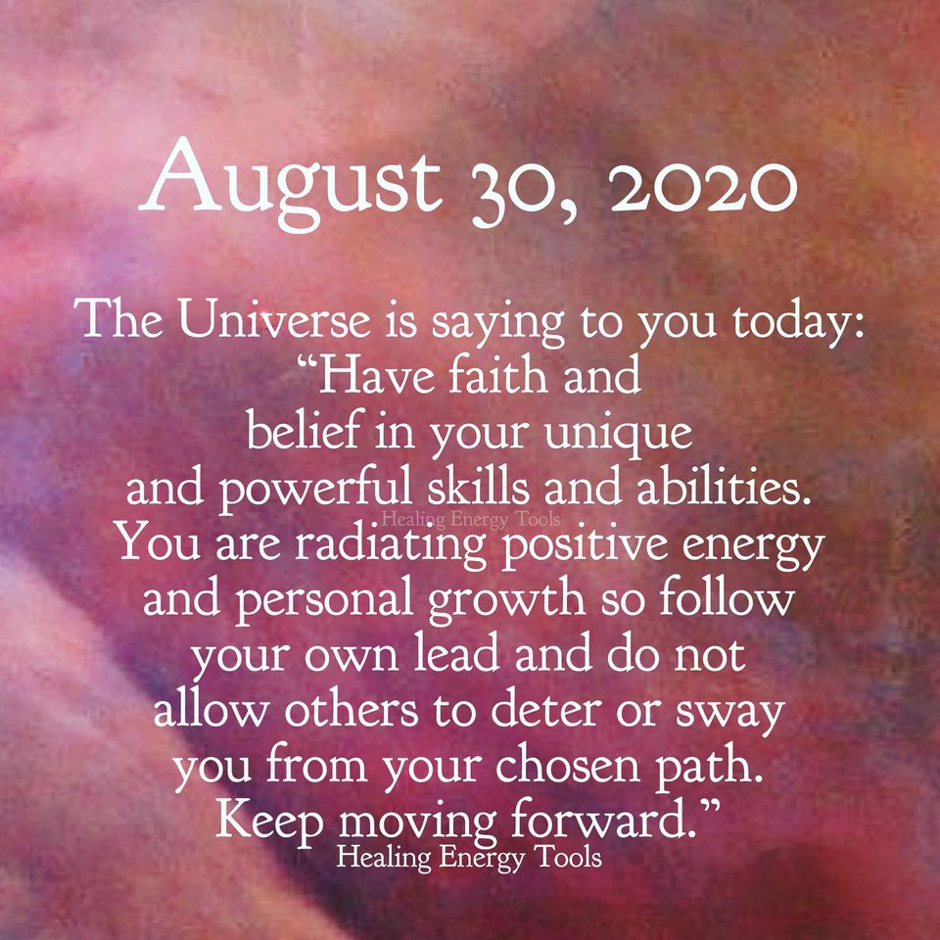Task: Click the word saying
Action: [497, 324]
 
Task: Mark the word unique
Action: [618, 436]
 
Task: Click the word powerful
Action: [315, 490]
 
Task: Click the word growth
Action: [506, 602]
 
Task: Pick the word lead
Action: [457, 655]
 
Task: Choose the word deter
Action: [545, 711]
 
